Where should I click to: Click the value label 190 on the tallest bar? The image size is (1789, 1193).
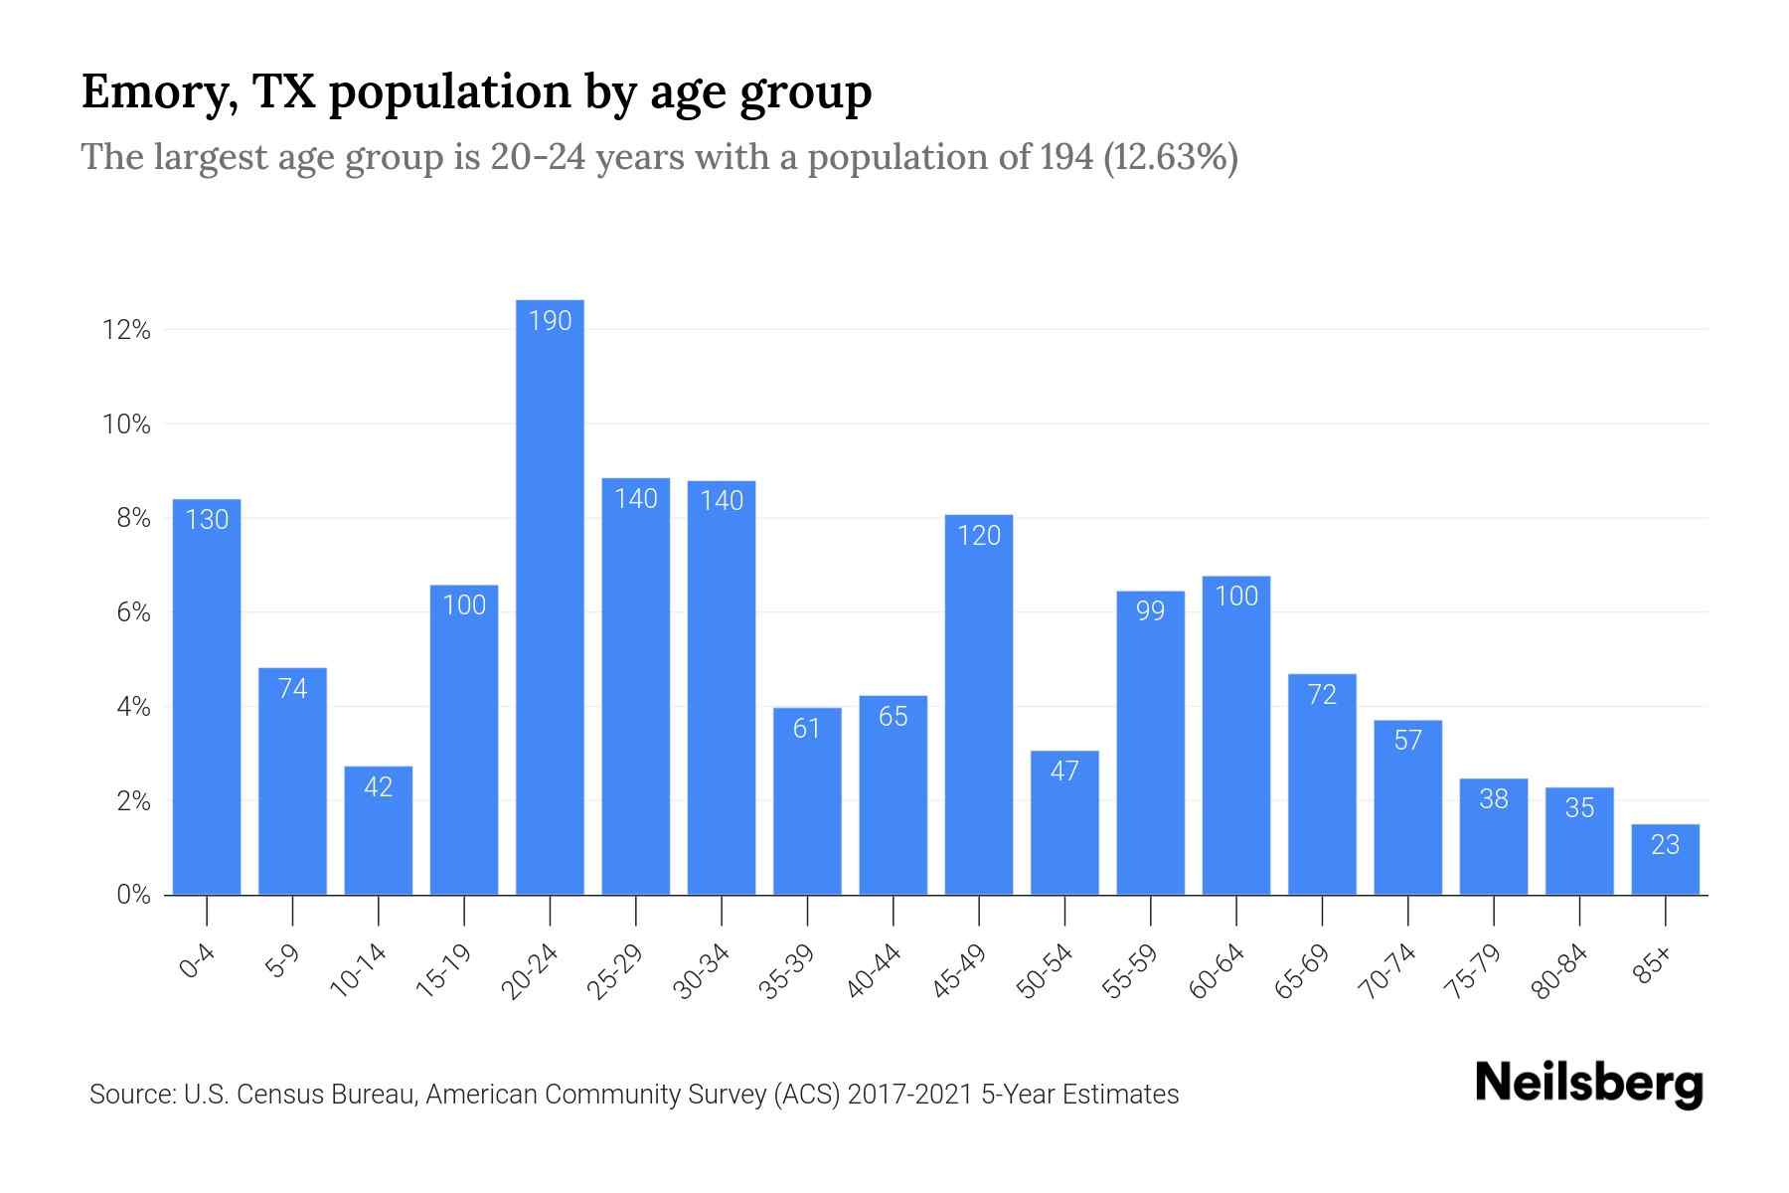coord(550,321)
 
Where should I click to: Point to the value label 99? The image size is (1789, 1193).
coord(1150,610)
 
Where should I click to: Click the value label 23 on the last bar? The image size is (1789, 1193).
coord(1665,845)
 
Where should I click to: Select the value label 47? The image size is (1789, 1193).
coord(1064,771)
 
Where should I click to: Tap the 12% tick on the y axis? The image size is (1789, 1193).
coord(126,330)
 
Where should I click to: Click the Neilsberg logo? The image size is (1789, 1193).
coord(1588,1084)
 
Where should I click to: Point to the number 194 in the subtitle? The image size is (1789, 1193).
coord(1066,157)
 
